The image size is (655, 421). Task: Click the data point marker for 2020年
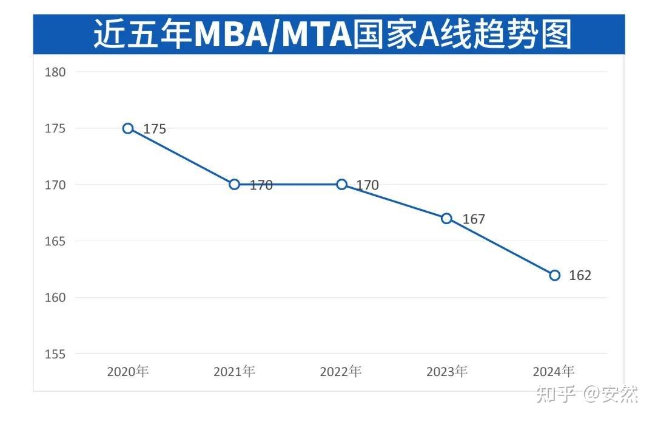[128, 128]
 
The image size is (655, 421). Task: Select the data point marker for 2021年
[235, 184]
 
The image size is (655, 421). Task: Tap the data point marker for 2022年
[342, 184]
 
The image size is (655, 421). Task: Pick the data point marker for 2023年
[447, 218]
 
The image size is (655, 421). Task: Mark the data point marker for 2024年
[554, 275]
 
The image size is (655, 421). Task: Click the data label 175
[155, 129]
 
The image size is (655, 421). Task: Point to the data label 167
[474, 219]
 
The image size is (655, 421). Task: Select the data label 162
[580, 276]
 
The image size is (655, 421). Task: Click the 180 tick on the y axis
[55, 72]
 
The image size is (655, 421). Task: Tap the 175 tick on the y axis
[55, 128]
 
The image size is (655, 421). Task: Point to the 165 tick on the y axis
[55, 241]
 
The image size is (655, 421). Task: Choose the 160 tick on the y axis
[55, 298]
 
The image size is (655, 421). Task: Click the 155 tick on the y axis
[55, 354]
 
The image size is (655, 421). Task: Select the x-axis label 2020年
[128, 372]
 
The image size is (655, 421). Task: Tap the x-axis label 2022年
[341, 372]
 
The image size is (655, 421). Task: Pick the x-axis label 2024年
[553, 372]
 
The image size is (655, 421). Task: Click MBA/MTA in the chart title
[273, 35]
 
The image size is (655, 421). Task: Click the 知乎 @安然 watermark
[588, 395]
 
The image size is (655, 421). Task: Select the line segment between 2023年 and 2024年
[501, 247]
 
